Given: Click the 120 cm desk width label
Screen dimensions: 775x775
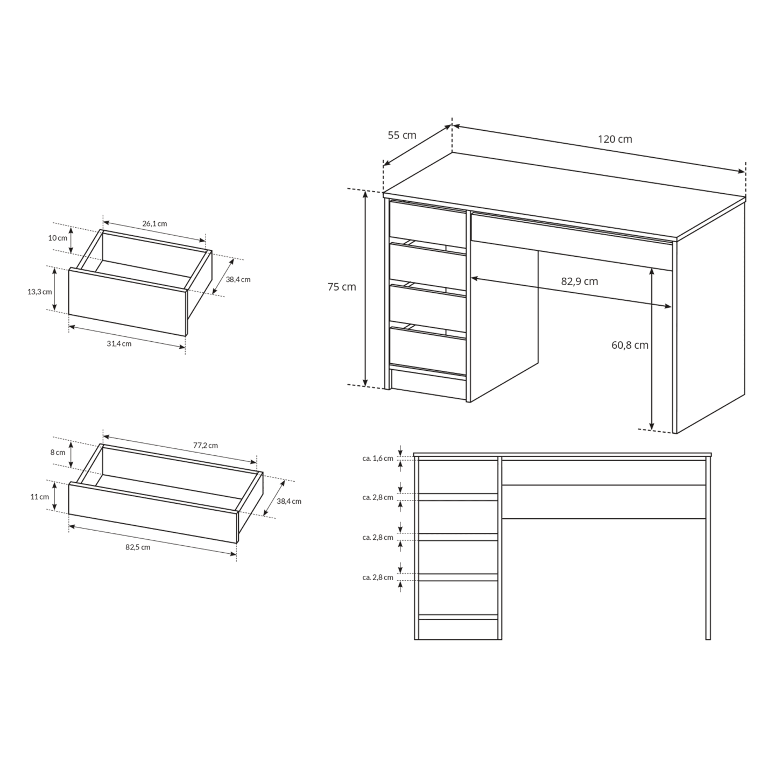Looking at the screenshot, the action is (615, 139).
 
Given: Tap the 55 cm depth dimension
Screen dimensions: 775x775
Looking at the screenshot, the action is (402, 135).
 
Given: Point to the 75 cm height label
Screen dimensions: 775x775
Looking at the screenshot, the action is (342, 287).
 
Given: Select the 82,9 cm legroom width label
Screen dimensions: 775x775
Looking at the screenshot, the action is (580, 281).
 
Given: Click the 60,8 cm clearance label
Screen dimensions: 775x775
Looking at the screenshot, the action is (630, 345).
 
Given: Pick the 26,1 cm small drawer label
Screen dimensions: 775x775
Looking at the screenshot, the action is (154, 223).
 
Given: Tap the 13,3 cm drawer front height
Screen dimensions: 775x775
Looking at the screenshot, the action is (39, 292).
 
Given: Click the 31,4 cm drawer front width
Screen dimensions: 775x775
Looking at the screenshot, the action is (119, 344).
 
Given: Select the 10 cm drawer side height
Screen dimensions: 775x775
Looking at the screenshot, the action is (58, 238).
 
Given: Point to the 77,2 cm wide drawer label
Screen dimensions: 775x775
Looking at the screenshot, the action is (206, 445).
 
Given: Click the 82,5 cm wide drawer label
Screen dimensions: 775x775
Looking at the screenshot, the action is (138, 547).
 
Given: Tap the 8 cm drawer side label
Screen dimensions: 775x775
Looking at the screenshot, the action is (58, 453).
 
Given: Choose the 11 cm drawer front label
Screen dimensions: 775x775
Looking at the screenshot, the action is (39, 497).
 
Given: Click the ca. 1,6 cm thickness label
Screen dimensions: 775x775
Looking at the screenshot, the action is (378, 458).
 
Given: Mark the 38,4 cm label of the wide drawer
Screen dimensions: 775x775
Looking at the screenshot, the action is (289, 502).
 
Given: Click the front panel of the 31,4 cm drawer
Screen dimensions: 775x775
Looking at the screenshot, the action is (127, 302).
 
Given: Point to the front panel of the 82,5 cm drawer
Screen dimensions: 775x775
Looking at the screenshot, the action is (153, 513).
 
